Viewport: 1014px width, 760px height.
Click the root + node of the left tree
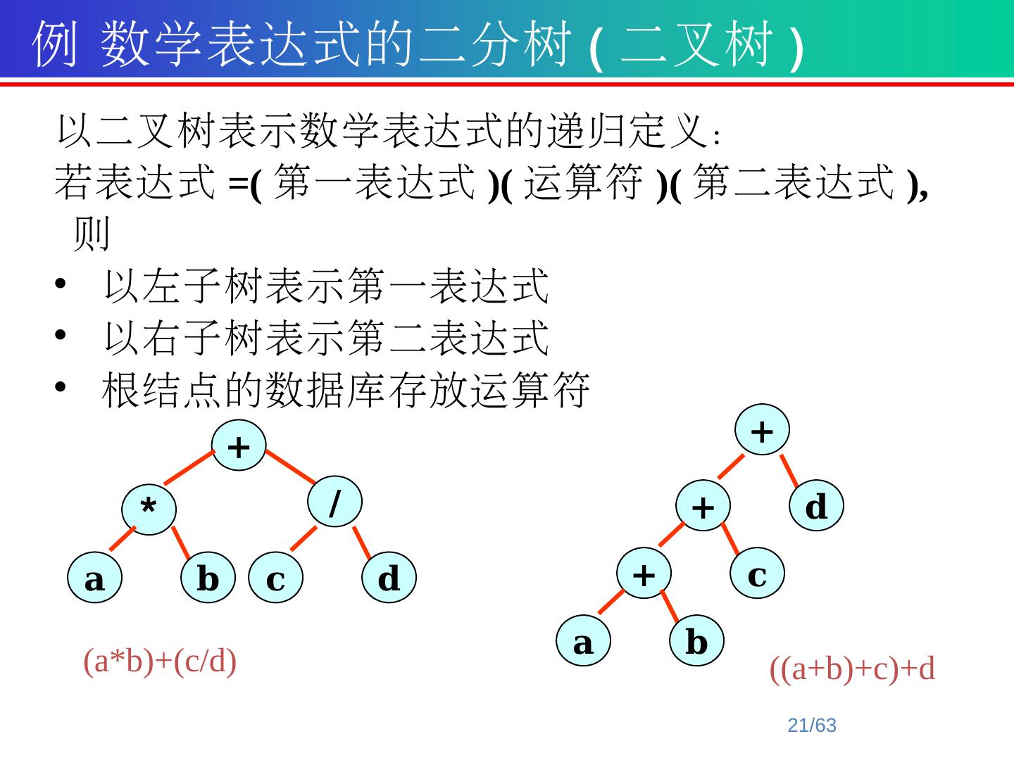click(x=239, y=446)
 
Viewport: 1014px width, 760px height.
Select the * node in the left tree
click(x=148, y=508)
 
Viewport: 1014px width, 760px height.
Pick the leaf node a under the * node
click(x=95, y=580)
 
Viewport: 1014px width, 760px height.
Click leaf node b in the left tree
click(x=208, y=580)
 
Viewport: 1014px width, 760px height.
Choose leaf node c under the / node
click(x=276, y=580)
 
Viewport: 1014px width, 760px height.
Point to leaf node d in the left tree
click(x=389, y=580)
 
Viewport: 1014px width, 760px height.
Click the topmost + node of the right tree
click(x=762, y=430)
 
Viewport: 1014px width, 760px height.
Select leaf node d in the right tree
click(x=816, y=506)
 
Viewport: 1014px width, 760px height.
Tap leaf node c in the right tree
click(x=757, y=574)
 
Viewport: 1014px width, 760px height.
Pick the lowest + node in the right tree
click(x=644, y=574)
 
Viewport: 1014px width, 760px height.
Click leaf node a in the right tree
click(x=583, y=642)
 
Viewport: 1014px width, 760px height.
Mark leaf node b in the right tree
click(x=696, y=642)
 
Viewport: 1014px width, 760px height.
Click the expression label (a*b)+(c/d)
click(x=160, y=661)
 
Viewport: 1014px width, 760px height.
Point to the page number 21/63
click(x=812, y=726)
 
